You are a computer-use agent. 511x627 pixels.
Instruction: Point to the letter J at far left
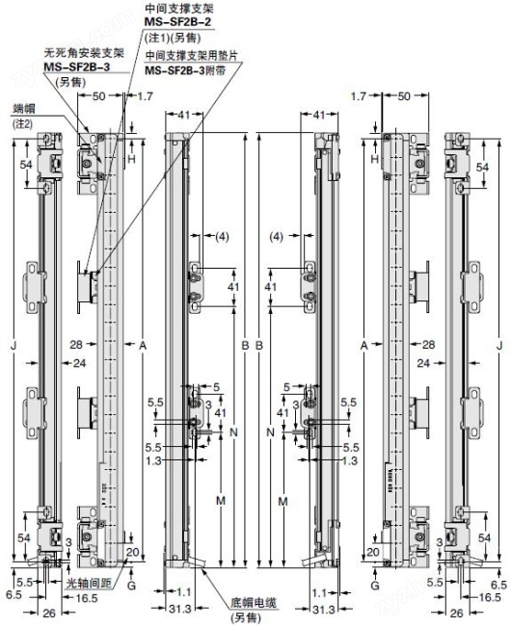[13, 344]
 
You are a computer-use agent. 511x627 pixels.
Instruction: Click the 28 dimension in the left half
[77, 344]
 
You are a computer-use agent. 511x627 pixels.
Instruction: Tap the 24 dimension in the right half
[424, 363]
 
